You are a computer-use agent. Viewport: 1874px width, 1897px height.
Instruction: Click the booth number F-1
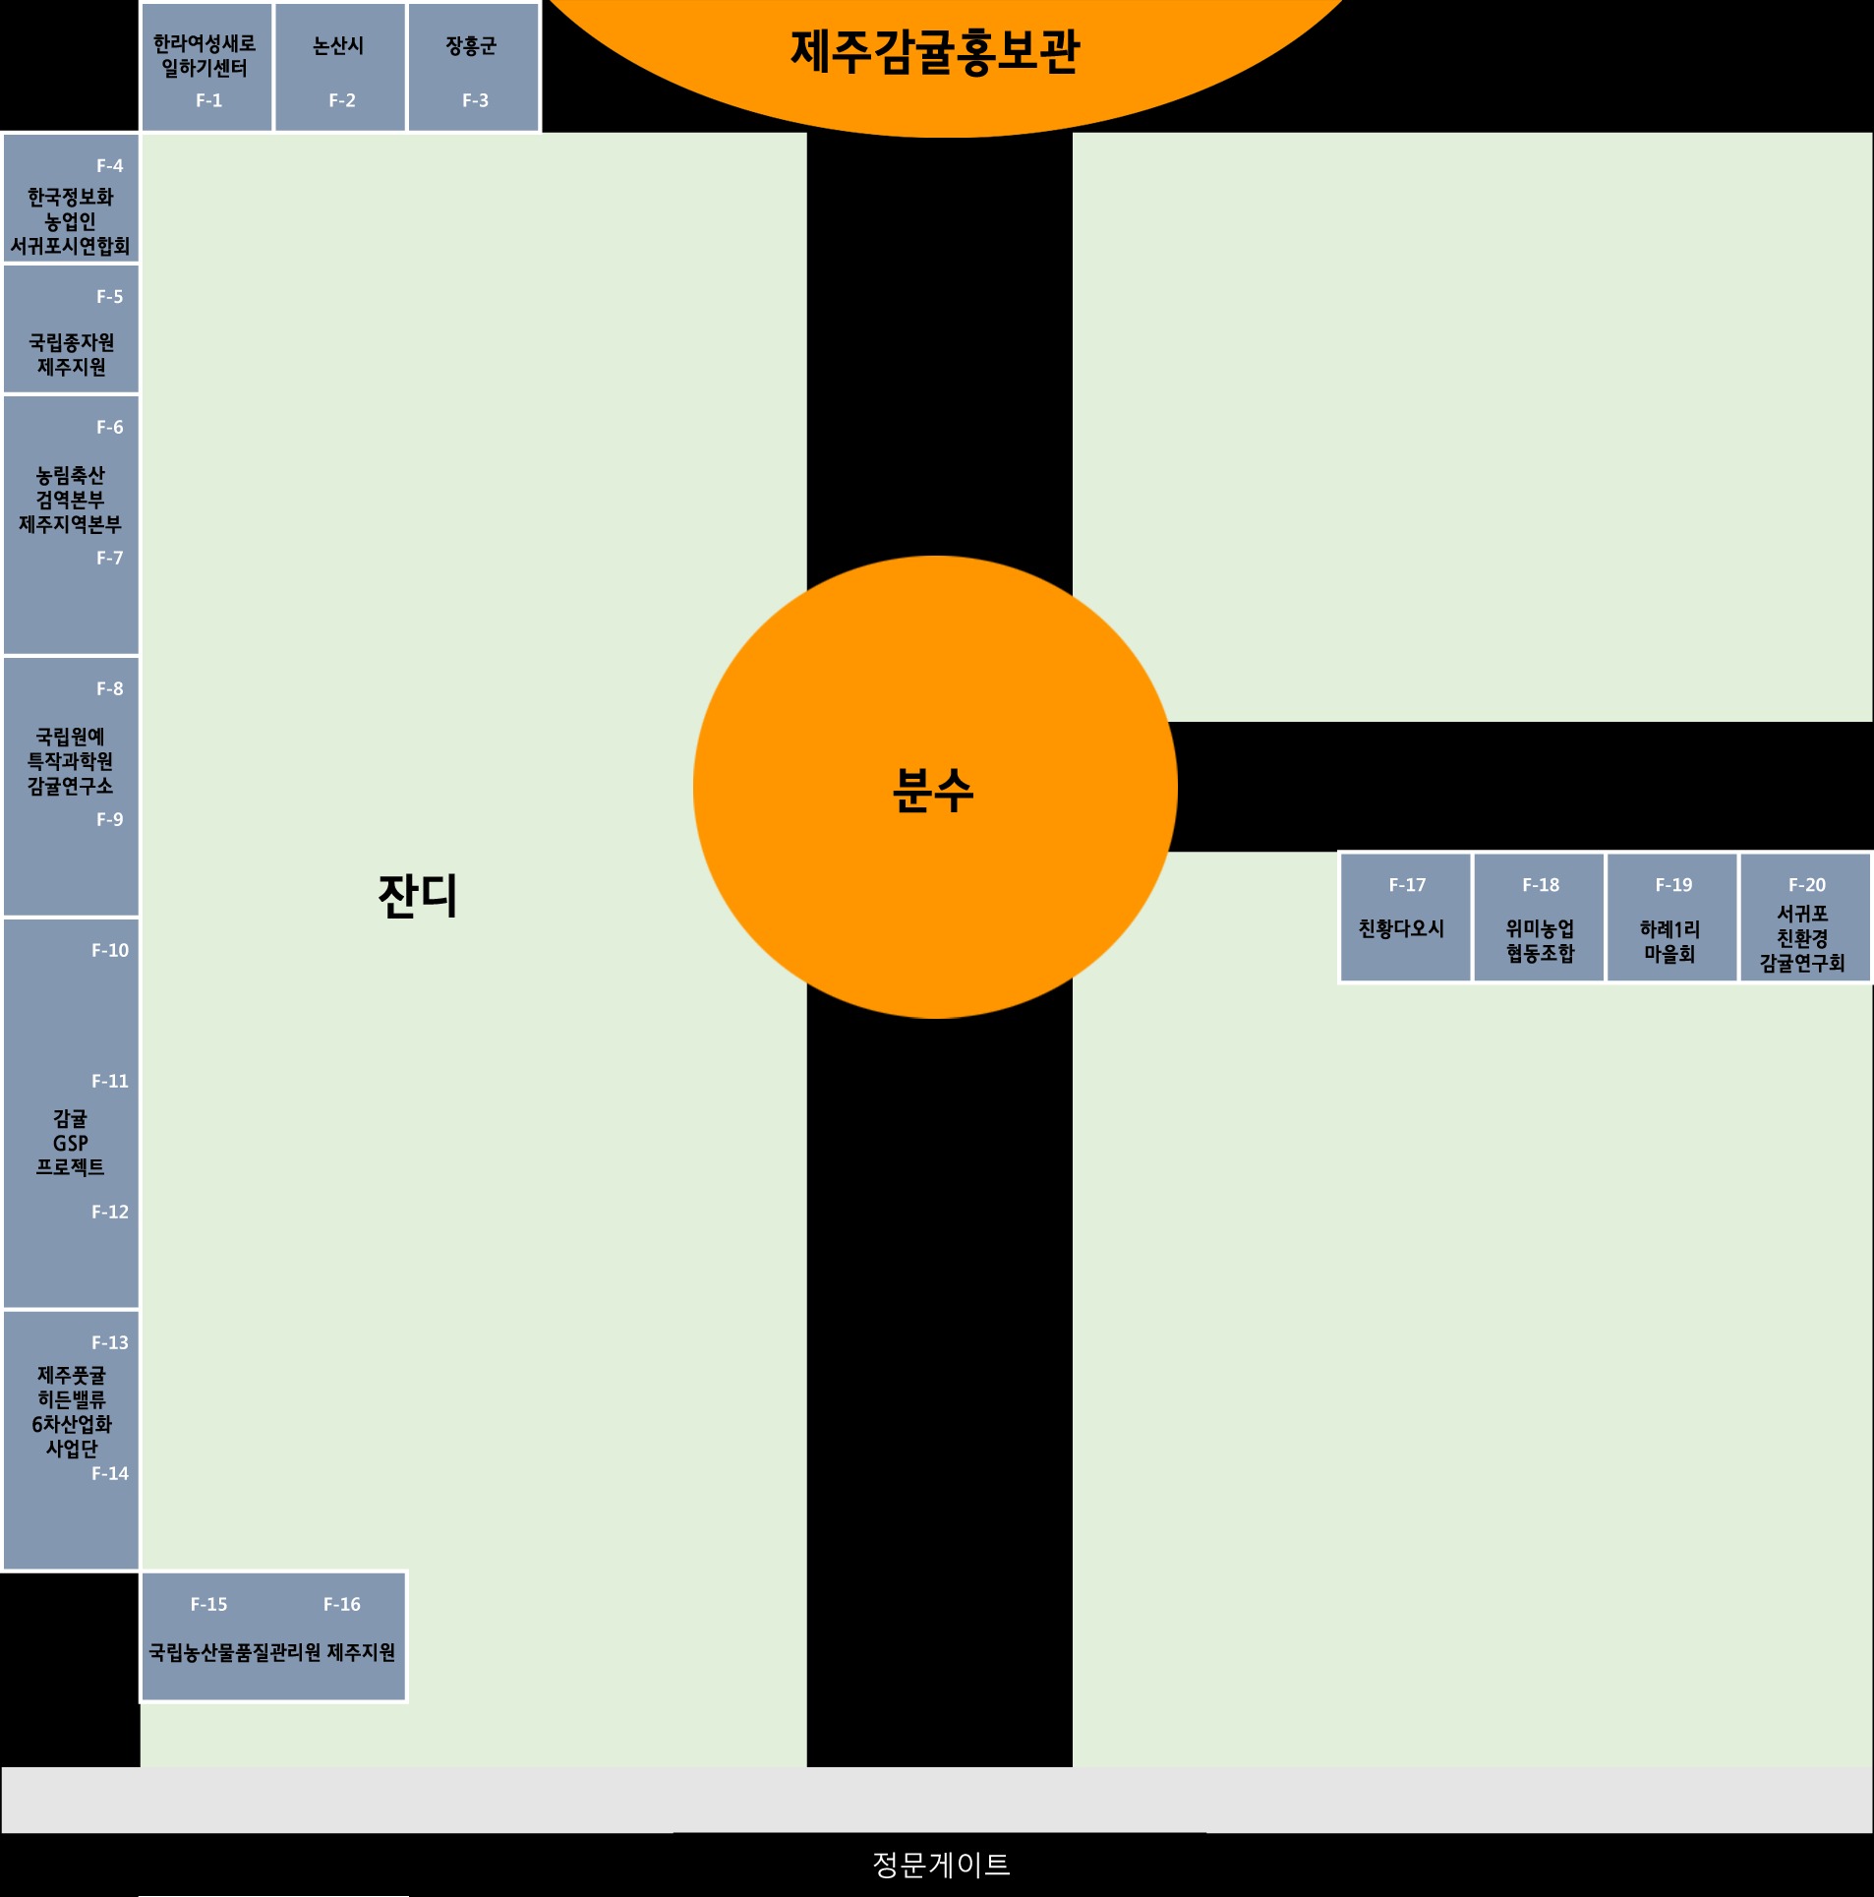(x=208, y=100)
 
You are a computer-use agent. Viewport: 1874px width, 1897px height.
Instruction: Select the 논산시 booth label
(x=338, y=46)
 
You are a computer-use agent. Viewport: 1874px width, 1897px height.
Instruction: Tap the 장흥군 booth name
(x=472, y=46)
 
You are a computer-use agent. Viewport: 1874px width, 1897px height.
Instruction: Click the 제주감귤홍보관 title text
(x=936, y=52)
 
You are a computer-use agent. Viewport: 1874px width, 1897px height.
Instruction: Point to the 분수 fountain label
(x=933, y=790)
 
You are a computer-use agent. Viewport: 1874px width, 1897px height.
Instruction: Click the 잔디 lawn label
(x=418, y=896)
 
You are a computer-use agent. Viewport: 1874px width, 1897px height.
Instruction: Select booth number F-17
(x=1407, y=885)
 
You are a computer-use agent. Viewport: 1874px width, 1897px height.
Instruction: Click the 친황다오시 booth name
(x=1401, y=928)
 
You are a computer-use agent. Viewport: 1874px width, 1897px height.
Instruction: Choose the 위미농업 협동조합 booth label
(x=1540, y=941)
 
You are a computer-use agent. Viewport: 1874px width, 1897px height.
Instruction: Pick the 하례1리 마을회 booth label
(x=1669, y=941)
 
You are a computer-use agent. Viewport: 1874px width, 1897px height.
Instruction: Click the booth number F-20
(x=1807, y=885)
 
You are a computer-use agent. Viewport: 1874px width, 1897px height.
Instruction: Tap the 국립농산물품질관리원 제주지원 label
(x=272, y=1652)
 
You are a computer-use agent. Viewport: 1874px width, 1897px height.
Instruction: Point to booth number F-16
(x=342, y=1604)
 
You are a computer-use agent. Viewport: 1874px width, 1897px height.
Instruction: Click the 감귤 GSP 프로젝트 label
(x=71, y=1143)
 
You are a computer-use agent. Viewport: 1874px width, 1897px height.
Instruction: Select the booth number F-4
(x=110, y=166)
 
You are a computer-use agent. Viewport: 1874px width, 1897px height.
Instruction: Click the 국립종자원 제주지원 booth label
(x=72, y=354)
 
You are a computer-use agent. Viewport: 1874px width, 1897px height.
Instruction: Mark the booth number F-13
(x=110, y=1342)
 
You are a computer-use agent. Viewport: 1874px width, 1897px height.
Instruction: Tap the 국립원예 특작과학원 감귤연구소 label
(x=70, y=761)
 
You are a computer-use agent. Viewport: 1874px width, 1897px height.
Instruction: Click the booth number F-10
(x=110, y=950)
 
